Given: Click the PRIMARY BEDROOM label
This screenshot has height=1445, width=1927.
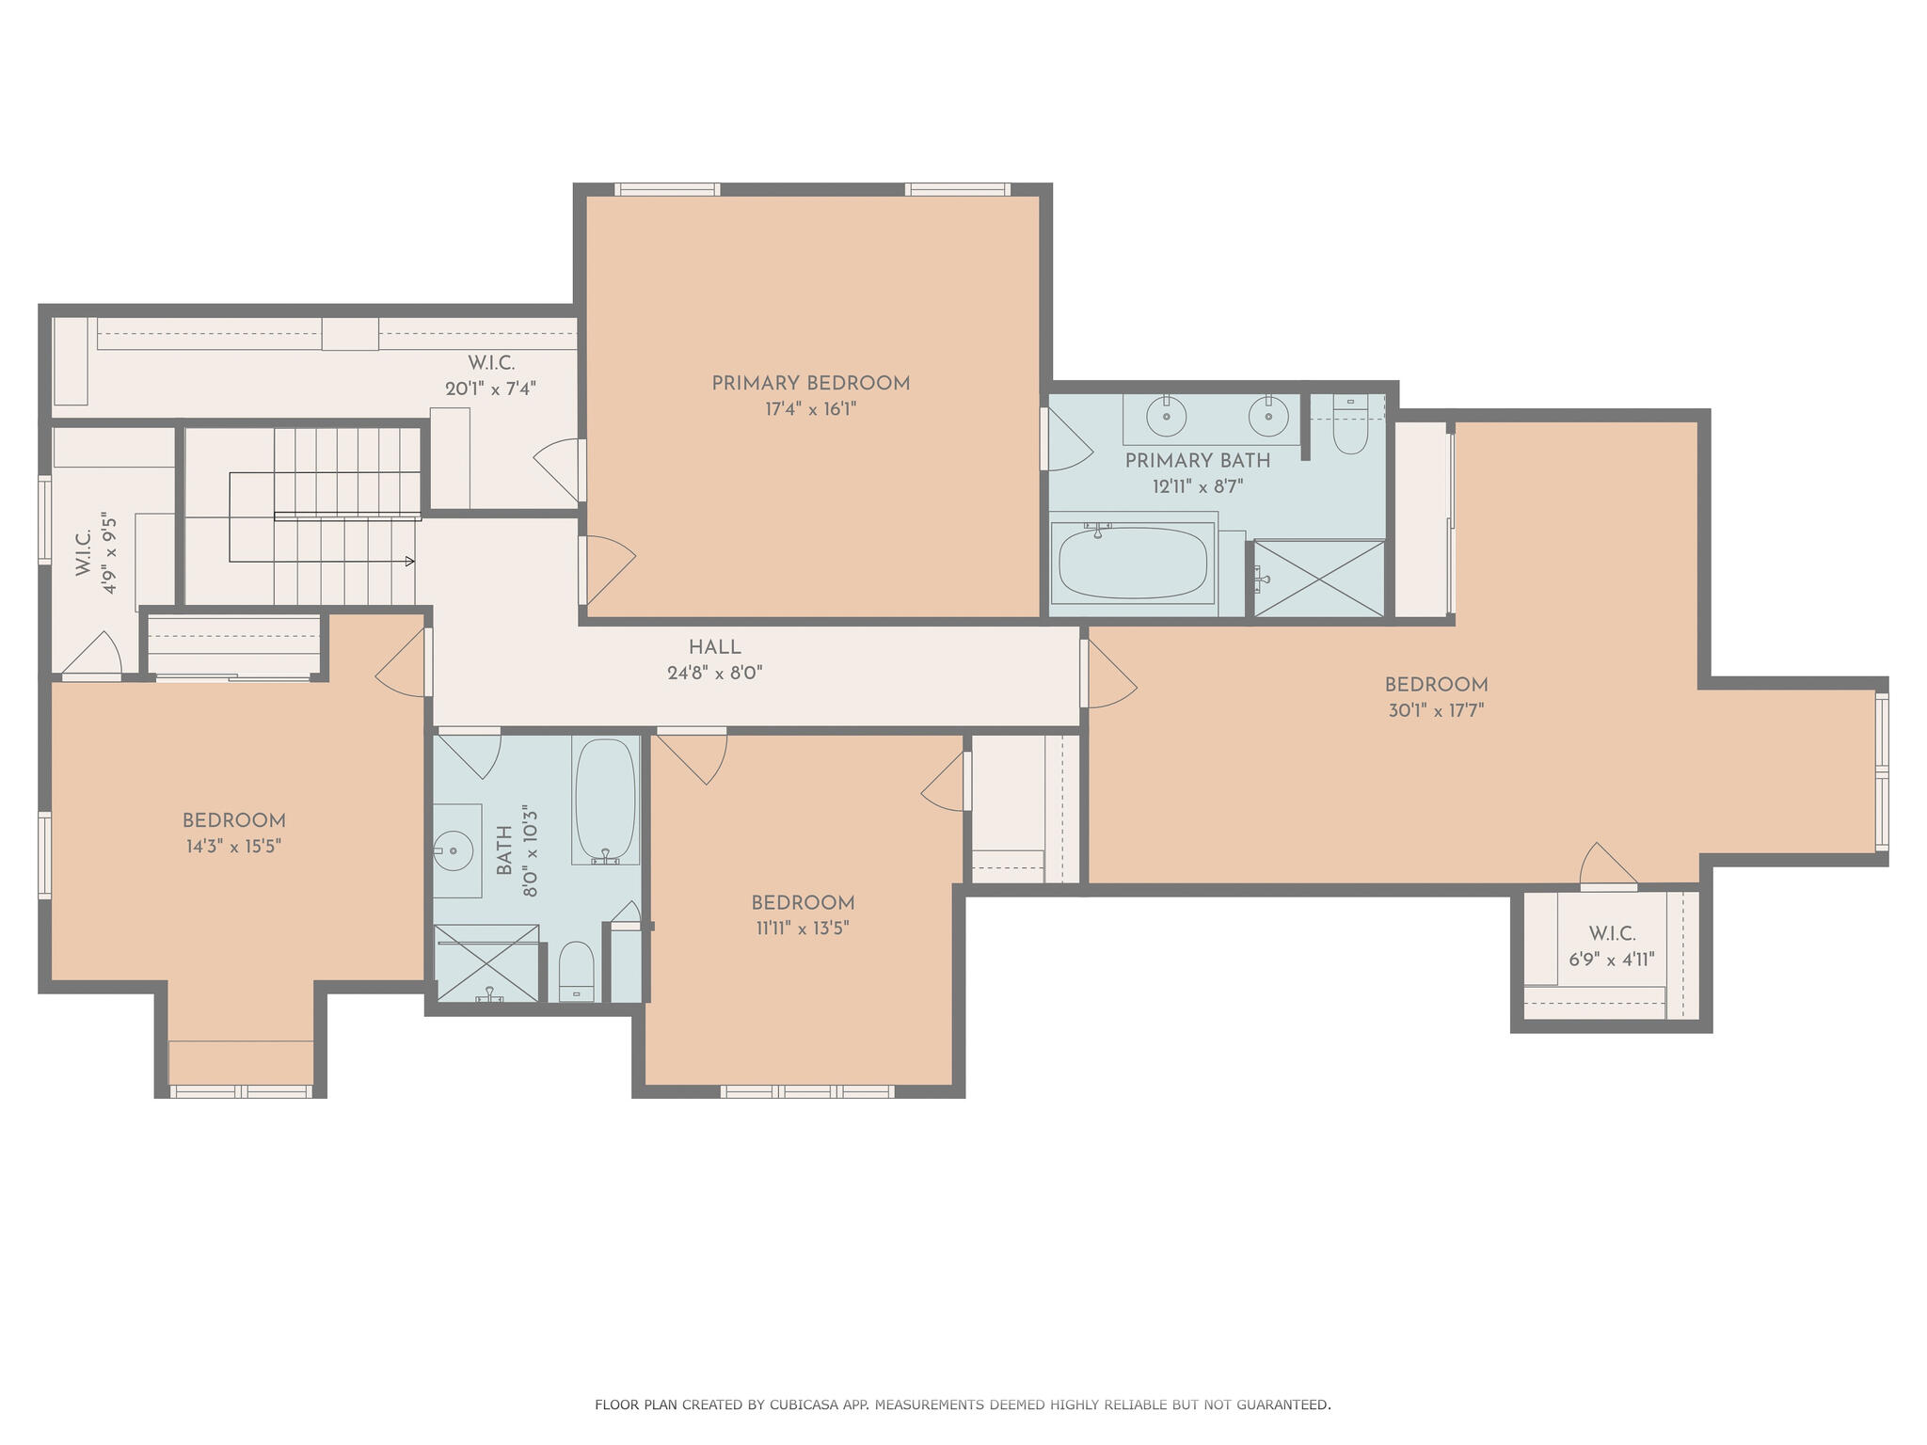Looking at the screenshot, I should coord(810,384).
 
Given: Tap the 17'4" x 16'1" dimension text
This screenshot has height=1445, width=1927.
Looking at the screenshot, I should coord(810,410).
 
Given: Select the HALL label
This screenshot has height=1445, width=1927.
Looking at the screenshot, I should coord(714,647).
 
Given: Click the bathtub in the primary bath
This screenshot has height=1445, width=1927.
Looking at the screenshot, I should coord(1133,564).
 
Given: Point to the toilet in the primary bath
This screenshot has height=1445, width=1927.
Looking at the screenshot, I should coord(1350,428).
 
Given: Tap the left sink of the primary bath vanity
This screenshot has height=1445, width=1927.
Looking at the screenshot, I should coord(1167,417).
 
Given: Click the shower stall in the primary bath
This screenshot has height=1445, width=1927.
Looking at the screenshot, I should coord(1319,579).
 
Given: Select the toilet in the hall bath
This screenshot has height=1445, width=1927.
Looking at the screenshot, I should coord(576,971).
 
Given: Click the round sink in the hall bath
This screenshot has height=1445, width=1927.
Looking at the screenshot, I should coord(456,851).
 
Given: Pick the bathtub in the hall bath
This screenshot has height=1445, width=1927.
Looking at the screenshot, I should coord(605,800).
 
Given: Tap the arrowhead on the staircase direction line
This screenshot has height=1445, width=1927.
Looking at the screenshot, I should coord(409,562).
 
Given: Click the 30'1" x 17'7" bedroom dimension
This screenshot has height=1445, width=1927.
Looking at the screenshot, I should coord(1436,711).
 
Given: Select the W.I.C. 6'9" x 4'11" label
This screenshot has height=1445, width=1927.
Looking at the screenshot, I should coord(1611,946).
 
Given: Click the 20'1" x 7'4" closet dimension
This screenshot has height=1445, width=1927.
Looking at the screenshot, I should coord(490,389).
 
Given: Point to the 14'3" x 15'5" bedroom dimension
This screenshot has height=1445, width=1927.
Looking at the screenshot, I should coord(233,847).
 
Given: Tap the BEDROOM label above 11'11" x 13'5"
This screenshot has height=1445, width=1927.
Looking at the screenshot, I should coord(803,903).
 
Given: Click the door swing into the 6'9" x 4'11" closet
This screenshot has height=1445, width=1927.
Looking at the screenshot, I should coord(1610,865).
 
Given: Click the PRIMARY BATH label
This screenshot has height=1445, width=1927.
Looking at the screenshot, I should coord(1197,461).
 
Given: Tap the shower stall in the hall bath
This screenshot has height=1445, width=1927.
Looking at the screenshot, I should coord(486,963).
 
